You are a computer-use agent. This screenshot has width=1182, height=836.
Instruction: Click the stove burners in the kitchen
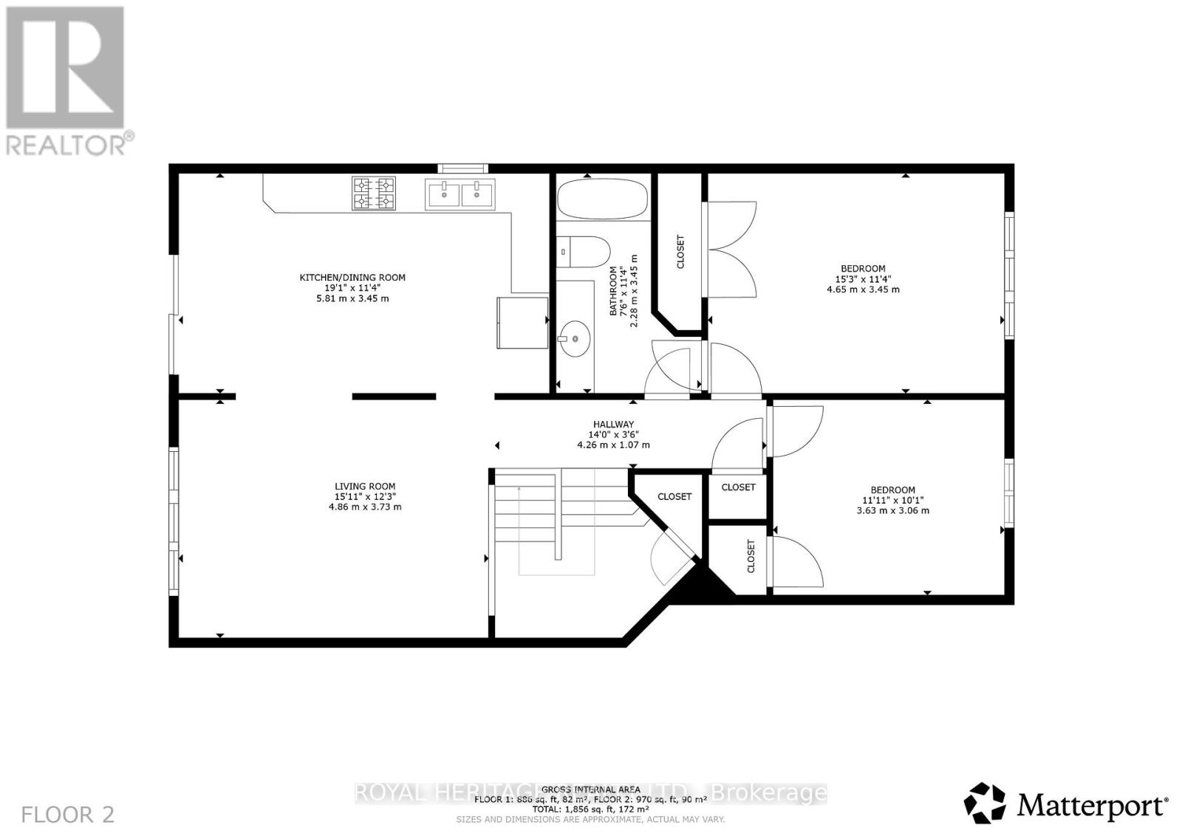(373, 193)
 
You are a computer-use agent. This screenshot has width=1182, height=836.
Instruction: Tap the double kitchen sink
(460, 193)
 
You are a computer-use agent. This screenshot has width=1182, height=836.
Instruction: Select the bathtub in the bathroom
(602, 198)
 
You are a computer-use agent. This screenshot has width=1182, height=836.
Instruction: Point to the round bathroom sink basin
(575, 339)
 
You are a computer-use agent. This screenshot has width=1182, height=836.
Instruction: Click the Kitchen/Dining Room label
(352, 278)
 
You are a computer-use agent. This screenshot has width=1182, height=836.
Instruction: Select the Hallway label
(612, 425)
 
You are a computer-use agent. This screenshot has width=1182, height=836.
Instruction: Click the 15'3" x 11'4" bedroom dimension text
(863, 279)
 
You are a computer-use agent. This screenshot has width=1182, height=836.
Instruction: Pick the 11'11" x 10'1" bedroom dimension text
(892, 500)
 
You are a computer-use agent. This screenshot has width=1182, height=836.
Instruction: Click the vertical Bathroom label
(613, 292)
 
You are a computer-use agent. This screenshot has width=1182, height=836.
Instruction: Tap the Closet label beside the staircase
(674, 496)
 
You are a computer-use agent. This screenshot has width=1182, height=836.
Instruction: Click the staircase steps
(525, 510)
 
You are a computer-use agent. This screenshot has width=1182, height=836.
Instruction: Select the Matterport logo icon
(985, 803)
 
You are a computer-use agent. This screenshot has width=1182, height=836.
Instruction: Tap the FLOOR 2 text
(68, 815)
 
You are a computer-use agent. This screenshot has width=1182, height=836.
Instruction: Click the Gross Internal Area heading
(590, 789)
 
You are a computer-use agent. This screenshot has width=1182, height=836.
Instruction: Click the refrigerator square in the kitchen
(522, 322)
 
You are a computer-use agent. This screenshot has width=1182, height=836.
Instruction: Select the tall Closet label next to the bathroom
(680, 252)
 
